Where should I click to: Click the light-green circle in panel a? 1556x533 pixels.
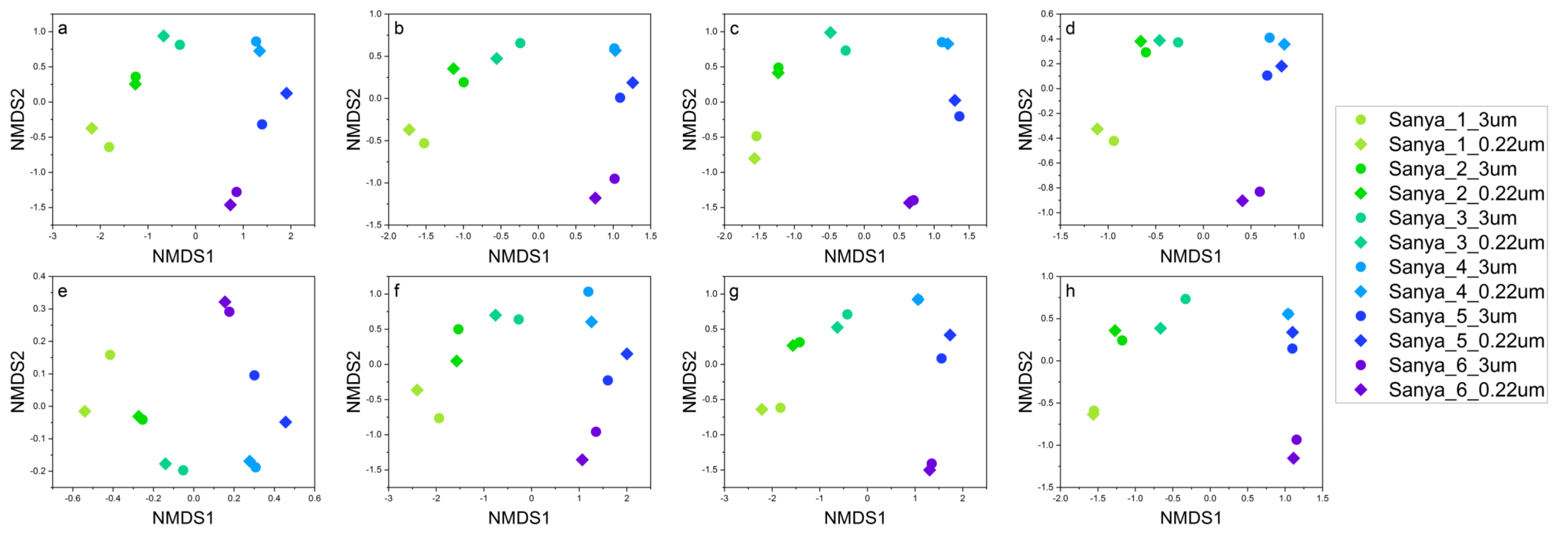click(109, 147)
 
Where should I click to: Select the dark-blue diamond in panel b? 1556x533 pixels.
click(633, 83)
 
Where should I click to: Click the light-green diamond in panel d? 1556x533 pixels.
click(1097, 129)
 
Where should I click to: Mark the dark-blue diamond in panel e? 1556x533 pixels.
click(286, 422)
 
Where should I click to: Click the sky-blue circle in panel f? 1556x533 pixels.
click(588, 291)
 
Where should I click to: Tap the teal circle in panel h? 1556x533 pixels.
click(1185, 299)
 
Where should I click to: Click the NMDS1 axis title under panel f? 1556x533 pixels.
click(519, 518)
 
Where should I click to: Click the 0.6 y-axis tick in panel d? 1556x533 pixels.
click(1047, 14)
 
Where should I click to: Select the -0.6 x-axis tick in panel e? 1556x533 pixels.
click(72, 499)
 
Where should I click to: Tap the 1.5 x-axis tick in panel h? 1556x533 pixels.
click(1322, 499)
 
